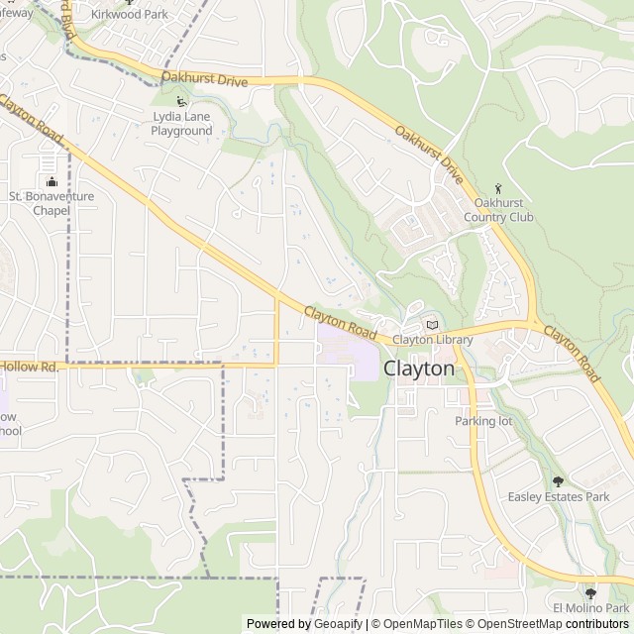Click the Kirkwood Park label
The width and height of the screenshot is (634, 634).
tap(130, 15)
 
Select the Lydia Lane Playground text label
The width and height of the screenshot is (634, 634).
tap(181, 124)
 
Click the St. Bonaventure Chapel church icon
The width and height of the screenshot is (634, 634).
tap(52, 180)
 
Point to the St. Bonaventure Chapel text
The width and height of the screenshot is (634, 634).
tap(52, 203)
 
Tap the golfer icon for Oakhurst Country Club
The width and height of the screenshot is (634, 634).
tap(498, 188)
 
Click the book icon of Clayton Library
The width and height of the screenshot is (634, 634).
tap(431, 324)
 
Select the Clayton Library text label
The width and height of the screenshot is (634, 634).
tap(432, 340)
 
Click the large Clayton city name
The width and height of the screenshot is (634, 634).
tap(419, 369)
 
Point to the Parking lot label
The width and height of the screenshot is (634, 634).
tap(483, 421)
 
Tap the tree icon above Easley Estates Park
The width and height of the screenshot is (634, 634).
tap(558, 480)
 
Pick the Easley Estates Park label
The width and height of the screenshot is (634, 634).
tap(558, 496)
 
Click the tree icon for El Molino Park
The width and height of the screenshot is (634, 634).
tap(590, 592)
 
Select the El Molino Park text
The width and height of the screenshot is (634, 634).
tap(590, 607)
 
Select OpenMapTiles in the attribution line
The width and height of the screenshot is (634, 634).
tap(423, 624)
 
